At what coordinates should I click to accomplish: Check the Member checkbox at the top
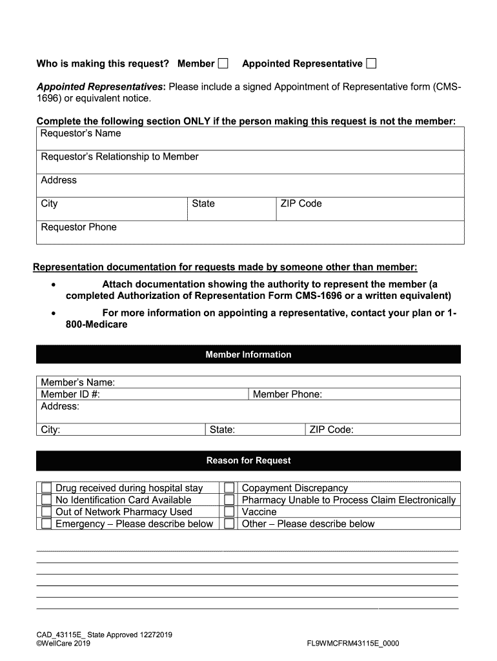coord(223,63)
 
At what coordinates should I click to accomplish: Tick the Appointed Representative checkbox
coord(371,63)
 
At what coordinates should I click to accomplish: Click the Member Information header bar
coord(249,354)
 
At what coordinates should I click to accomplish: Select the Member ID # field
coord(174,394)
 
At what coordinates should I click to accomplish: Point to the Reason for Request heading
coord(249,460)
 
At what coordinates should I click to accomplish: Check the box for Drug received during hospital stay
coord(46,488)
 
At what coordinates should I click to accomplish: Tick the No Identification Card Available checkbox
coord(46,500)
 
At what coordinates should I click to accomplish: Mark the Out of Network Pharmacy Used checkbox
coord(46,512)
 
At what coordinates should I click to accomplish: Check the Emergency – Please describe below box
coord(46,524)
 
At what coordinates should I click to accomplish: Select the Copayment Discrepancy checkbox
coord(229,488)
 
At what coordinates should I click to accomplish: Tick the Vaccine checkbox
coord(229,512)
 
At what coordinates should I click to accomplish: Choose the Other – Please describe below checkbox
coord(229,524)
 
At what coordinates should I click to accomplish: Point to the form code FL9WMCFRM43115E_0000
coord(353,644)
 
